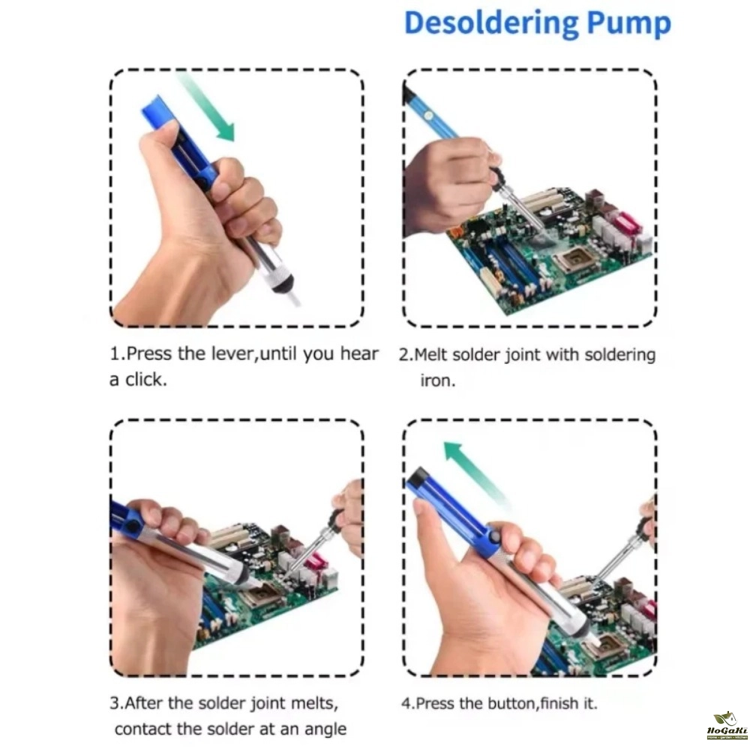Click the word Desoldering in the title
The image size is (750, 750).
(x=491, y=23)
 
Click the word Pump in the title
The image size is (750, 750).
(x=628, y=25)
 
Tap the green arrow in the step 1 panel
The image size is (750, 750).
(x=206, y=106)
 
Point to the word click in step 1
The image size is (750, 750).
(x=146, y=379)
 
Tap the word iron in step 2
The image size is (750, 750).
(x=437, y=381)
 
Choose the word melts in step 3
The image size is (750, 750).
(x=313, y=703)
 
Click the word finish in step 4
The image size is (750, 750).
(x=559, y=703)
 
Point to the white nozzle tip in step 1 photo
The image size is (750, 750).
(x=292, y=298)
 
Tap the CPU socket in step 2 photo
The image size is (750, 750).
(x=574, y=260)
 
